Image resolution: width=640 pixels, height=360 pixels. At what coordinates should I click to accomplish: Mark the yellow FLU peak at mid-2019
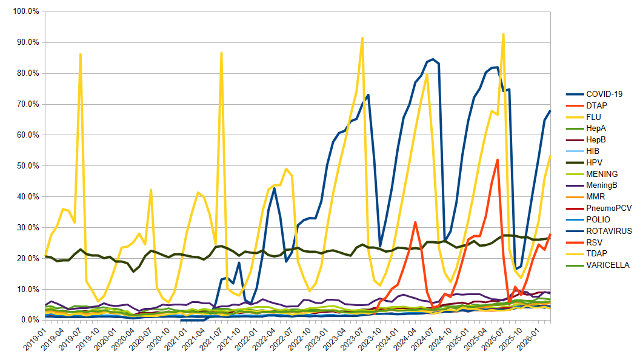(x=81, y=54)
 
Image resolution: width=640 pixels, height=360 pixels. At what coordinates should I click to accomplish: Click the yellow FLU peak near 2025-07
(x=503, y=34)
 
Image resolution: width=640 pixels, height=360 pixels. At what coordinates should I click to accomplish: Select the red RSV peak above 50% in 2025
(x=497, y=160)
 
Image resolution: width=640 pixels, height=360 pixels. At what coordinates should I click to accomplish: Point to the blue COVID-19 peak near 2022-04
(x=274, y=188)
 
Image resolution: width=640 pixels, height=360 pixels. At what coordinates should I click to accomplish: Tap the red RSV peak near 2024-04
(x=415, y=222)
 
